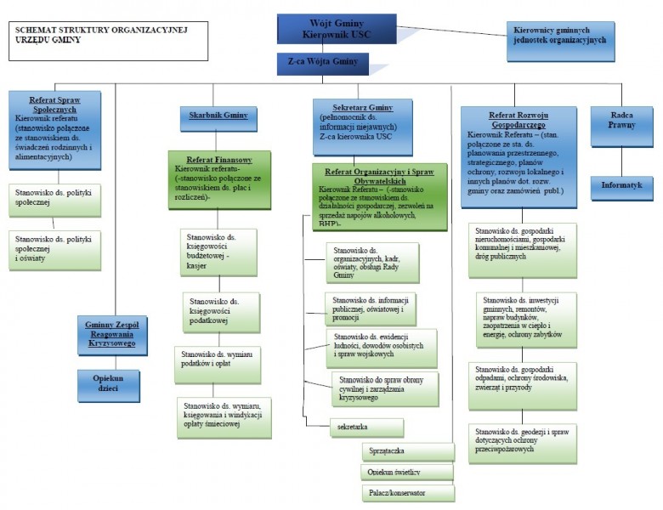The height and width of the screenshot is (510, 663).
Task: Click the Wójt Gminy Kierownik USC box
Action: [336, 28]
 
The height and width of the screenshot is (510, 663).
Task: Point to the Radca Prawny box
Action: [621, 119]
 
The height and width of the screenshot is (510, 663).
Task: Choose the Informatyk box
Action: [621, 184]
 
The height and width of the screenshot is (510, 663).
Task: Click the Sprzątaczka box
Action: [408, 451]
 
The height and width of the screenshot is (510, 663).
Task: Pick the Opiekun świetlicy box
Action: [408, 471]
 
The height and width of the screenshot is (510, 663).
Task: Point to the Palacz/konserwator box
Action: [408, 492]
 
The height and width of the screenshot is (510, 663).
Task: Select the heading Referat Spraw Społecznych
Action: [55, 105]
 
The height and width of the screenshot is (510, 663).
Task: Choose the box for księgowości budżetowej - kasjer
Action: [218, 251]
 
